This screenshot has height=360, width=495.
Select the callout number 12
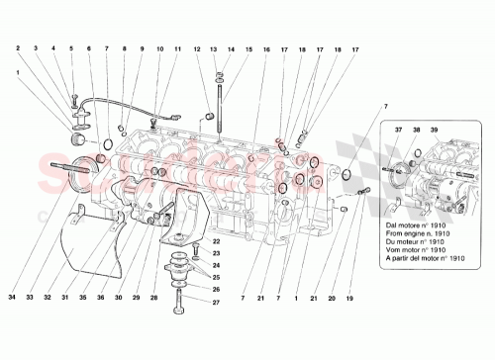click(197, 48)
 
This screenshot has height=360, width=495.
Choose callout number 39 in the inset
click(432, 130)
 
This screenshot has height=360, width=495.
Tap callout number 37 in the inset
click(400, 130)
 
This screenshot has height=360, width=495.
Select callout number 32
click(49, 298)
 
